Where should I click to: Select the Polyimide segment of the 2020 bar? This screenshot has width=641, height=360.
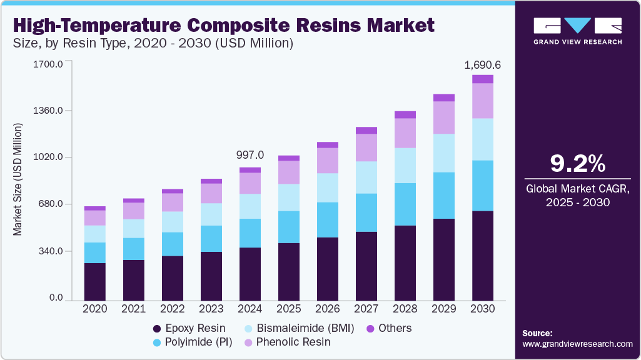click(x=95, y=252)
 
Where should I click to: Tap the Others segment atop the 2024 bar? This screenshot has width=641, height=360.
click(x=250, y=170)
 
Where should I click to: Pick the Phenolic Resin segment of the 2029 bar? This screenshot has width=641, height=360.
click(x=444, y=117)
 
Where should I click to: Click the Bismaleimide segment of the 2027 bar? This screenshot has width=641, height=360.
click(x=366, y=177)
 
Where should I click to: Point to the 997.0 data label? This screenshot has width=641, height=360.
click(x=250, y=155)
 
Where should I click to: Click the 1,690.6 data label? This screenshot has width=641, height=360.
click(x=482, y=64)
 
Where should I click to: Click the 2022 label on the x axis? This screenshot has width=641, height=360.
click(x=173, y=309)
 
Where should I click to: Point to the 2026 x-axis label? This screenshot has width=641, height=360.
click(x=328, y=309)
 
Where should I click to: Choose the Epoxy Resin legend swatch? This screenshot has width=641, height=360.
click(x=156, y=328)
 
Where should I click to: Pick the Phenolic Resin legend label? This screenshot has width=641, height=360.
click(x=293, y=342)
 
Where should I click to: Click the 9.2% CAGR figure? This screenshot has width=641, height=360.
click(x=578, y=164)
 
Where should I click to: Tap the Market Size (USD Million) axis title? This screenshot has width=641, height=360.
click(x=18, y=179)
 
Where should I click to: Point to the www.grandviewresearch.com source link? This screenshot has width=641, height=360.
click(x=577, y=344)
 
